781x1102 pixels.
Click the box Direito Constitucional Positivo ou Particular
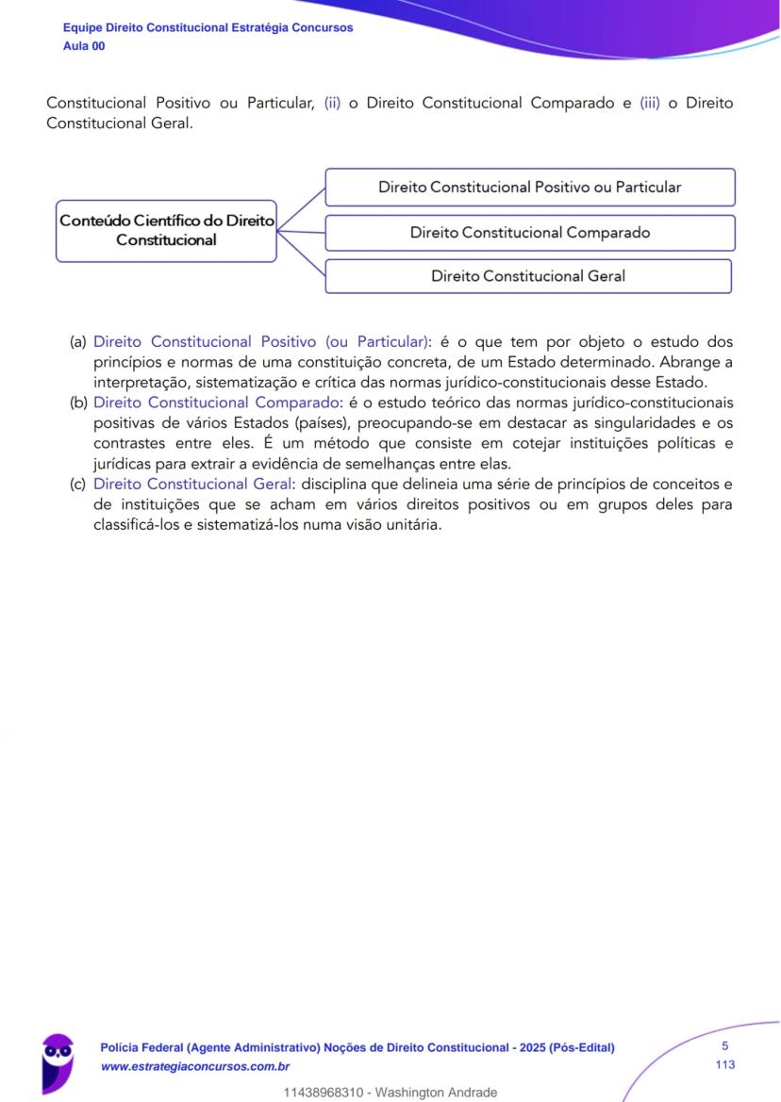coord(529,187)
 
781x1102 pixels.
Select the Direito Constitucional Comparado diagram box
coord(529,232)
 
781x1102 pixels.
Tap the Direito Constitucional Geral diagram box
coord(528,276)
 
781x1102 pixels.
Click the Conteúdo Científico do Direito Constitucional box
coord(166,230)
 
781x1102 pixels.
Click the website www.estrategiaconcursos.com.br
coord(194,1066)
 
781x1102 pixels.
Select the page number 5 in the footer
coord(724,1045)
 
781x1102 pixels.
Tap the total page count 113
coord(724,1064)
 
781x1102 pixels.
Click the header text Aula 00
coord(84,45)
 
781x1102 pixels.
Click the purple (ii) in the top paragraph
coord(332,104)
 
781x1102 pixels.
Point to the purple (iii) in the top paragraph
coord(650,104)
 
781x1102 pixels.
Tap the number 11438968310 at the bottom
coord(324,1093)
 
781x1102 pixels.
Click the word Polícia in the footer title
coord(120,1047)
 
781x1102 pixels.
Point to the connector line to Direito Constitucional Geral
coord(302,254)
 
